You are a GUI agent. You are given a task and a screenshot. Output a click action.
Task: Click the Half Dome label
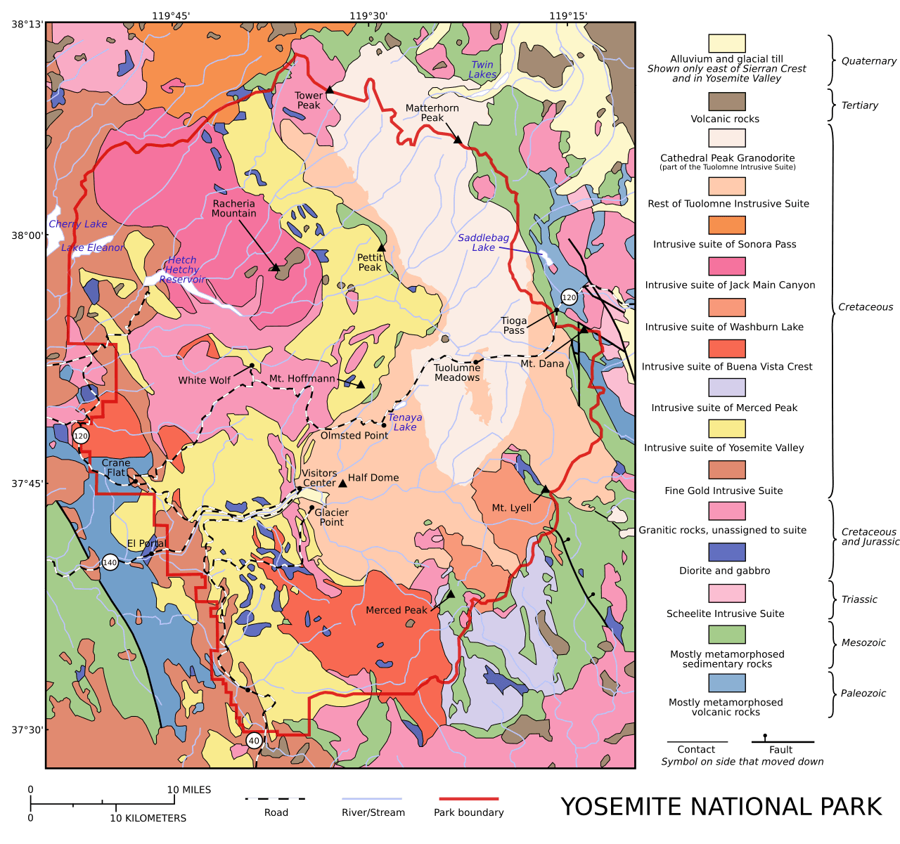pyautogui.click(x=373, y=478)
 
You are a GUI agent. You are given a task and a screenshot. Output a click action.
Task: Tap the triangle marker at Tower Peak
pyautogui.click(x=328, y=90)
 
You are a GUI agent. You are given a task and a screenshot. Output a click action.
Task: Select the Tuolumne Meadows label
pyautogui.click(x=456, y=372)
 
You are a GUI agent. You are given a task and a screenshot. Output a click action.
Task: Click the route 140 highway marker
pyautogui.click(x=110, y=562)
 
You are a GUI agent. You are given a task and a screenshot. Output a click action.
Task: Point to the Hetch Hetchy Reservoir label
pyautogui.click(x=182, y=270)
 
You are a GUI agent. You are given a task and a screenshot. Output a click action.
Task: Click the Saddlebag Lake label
pyautogui.click(x=483, y=242)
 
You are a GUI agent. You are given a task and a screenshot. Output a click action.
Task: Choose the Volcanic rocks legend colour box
pyautogui.click(x=726, y=101)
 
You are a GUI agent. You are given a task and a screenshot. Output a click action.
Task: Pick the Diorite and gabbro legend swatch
pyautogui.click(x=726, y=552)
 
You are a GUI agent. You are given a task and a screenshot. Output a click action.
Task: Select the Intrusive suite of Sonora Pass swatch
pyautogui.click(x=726, y=225)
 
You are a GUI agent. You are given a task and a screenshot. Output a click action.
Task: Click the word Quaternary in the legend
pyautogui.click(x=868, y=61)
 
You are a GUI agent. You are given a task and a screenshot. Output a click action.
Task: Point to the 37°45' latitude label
pyautogui.click(x=27, y=483)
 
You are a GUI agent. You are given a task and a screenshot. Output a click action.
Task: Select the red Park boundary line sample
pyautogui.click(x=468, y=798)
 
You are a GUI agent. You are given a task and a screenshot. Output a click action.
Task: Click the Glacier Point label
pyautogui.click(x=331, y=517)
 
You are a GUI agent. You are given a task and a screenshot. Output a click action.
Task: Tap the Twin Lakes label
pyautogui.click(x=482, y=70)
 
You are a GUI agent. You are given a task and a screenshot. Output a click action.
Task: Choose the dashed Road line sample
pyautogui.click(x=275, y=798)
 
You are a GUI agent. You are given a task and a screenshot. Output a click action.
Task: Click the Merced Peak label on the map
pyautogui.click(x=396, y=610)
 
